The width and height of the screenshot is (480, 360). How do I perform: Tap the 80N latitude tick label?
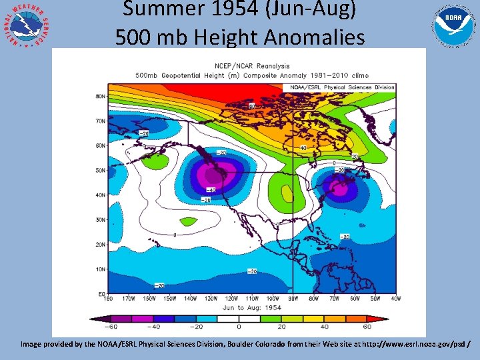tap(101, 97)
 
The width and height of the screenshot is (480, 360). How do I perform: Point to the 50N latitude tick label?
tap(101, 171)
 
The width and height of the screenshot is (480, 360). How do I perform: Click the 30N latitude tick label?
tap(101, 220)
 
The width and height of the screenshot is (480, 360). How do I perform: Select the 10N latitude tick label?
tap(101, 269)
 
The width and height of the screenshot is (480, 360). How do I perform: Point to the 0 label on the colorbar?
tap(239, 327)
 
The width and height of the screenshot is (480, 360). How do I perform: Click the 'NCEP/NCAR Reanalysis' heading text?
tap(251, 65)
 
